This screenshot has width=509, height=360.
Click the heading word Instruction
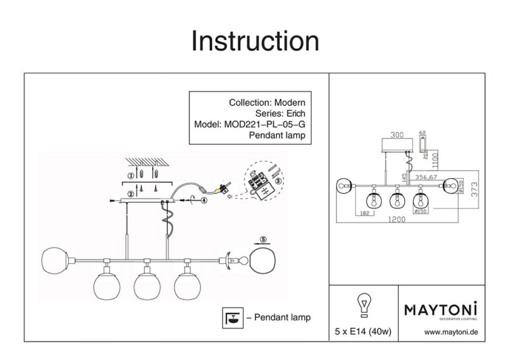(x=255, y=41)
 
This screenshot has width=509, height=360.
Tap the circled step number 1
(x=130, y=176)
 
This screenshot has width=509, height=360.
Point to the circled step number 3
(x=278, y=181)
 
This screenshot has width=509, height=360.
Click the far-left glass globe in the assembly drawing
(x=55, y=260)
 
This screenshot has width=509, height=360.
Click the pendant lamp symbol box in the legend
(x=232, y=317)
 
